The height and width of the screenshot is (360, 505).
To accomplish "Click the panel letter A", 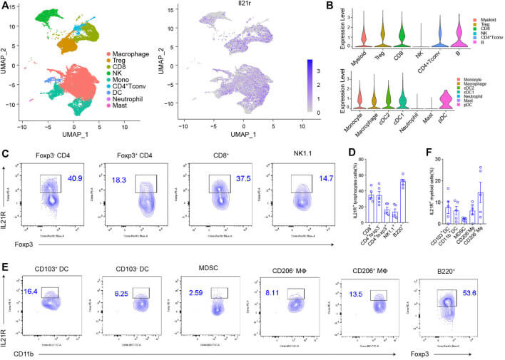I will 6,6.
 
